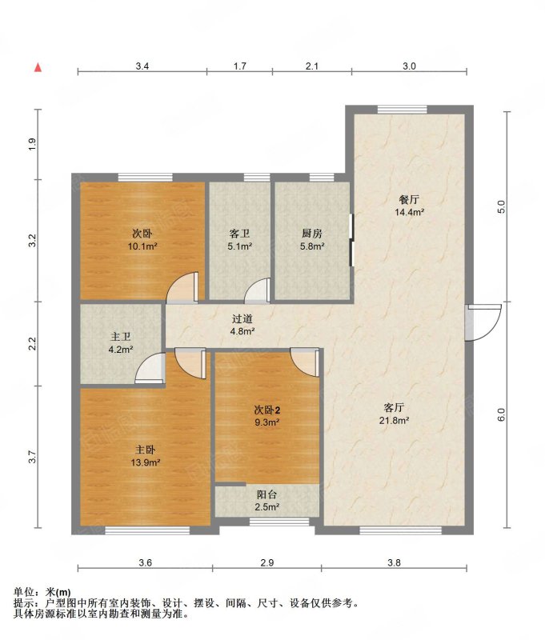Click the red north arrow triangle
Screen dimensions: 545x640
[x=38, y=68]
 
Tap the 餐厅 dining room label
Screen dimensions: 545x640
[x=409, y=199]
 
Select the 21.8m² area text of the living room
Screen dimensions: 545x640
[x=395, y=421]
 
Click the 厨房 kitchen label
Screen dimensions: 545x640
[x=312, y=234]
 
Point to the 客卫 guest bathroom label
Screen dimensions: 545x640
[x=239, y=234]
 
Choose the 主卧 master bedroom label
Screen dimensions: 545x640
[x=146, y=450]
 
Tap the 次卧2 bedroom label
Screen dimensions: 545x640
[x=267, y=410]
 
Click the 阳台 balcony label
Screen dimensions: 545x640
[x=267, y=494]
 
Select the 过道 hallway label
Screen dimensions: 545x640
[x=242, y=318]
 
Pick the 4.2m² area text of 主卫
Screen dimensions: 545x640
[x=120, y=350]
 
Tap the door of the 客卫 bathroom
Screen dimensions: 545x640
[x=258, y=290]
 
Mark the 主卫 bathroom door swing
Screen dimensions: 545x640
[x=150, y=369]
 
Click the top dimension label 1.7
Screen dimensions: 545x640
[x=239, y=66]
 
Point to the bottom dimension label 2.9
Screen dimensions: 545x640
[x=266, y=562]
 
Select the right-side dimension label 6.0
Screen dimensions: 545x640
[x=502, y=415]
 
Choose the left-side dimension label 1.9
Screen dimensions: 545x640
[x=32, y=144]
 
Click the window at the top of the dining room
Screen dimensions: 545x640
[x=402, y=110]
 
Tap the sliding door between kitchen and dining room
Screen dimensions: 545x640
[x=351, y=240]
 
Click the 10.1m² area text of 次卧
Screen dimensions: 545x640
[x=142, y=246]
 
